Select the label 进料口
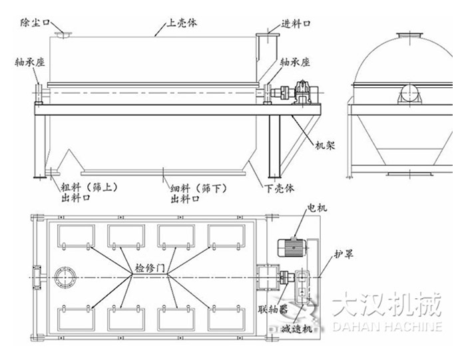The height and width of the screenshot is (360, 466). click(297, 23)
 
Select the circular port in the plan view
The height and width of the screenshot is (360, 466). click(65, 276)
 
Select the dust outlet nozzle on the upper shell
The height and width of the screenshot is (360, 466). click(64, 36)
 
